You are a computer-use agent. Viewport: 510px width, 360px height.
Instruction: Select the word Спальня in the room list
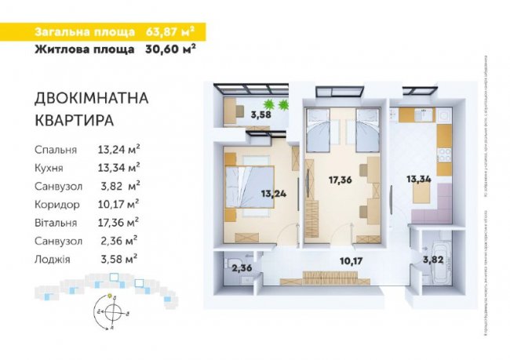pyautogui.click(x=55, y=149)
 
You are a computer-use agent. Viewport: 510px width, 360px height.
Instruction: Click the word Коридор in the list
pyautogui.click(x=56, y=203)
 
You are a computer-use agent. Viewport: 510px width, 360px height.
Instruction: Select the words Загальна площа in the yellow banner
pyautogui.click(x=83, y=32)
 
